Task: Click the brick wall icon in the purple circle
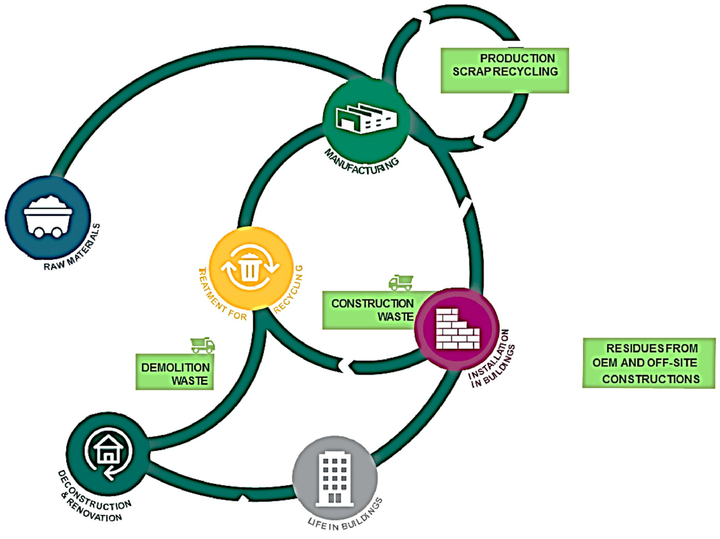click(457, 329)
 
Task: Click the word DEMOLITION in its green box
click(175, 368)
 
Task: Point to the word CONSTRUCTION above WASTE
click(372, 303)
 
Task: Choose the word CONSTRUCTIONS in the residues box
click(651, 379)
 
